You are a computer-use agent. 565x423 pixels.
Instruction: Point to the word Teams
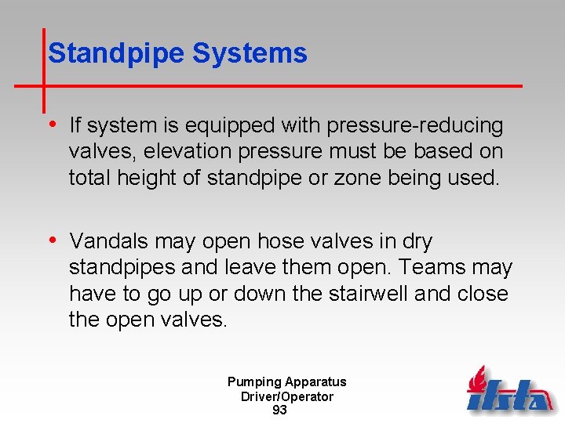432,268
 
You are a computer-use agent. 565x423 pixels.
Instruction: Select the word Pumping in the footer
254,382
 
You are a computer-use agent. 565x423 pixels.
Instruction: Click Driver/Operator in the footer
286,396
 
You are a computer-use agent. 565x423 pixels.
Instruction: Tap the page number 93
279,410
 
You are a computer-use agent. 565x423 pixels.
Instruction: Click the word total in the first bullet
90,178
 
